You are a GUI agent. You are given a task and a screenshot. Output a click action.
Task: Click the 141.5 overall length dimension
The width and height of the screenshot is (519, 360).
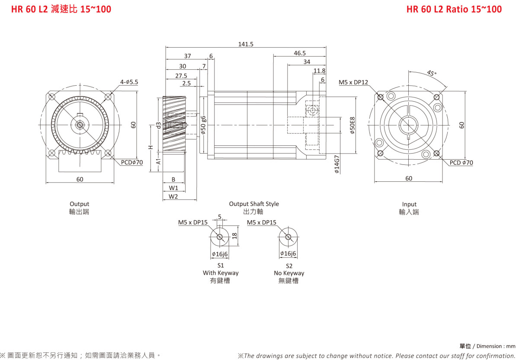point(246,44)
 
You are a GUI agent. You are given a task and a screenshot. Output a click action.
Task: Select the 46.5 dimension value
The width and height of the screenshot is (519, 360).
point(300,53)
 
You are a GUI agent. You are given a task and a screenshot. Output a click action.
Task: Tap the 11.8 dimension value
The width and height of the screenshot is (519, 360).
point(319,71)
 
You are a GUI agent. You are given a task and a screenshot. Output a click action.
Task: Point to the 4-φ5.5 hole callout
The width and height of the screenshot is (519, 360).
point(129,82)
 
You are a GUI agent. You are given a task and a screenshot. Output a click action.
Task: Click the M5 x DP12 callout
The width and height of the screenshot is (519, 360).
point(353,82)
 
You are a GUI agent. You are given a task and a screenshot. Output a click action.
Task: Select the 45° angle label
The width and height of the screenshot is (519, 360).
point(432,73)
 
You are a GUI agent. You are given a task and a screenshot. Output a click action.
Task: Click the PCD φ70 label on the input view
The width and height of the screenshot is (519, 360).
point(461,163)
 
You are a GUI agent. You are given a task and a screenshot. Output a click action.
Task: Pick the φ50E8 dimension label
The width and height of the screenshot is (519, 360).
point(352,125)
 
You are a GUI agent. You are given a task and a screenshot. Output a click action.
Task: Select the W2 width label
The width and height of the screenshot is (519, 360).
point(173,196)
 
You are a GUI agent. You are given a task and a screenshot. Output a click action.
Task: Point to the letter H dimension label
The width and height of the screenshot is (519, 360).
point(151,147)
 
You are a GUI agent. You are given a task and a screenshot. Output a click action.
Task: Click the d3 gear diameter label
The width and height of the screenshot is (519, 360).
point(159,125)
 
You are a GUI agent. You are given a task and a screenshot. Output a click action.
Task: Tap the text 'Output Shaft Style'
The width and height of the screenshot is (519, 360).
point(254,204)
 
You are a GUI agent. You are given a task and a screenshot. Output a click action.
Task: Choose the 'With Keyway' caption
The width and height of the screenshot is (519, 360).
point(221,273)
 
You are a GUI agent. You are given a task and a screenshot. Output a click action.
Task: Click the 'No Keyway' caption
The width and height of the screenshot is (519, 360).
point(289,273)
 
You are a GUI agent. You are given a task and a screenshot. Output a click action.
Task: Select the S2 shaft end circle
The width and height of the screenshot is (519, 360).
point(288,237)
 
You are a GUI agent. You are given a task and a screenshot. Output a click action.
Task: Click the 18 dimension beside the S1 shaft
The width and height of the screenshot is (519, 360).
point(234,236)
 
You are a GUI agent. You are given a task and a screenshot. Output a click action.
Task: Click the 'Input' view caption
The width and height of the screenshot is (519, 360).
point(409,204)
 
